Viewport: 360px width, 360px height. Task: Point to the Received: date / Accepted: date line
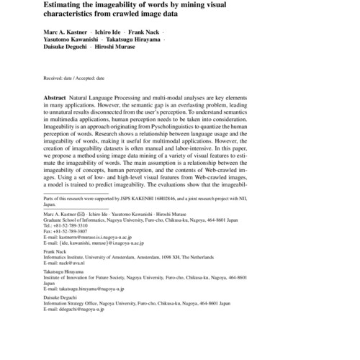74,77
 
